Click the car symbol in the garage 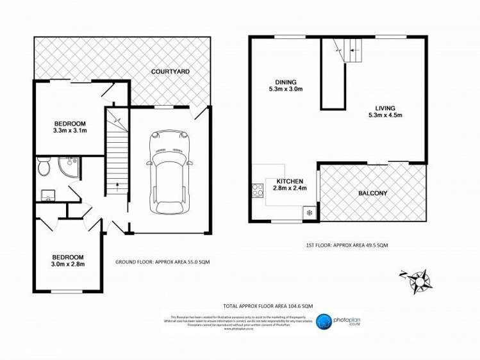[x=169, y=173]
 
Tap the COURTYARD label [x=170, y=72]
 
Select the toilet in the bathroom [x=44, y=168]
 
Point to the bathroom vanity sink [x=48, y=194]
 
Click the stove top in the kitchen [x=258, y=190]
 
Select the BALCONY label [x=372, y=193]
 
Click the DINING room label [x=286, y=82]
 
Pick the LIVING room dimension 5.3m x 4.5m [x=385, y=116]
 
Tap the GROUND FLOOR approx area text [x=163, y=262]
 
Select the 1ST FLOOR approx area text [x=347, y=245]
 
